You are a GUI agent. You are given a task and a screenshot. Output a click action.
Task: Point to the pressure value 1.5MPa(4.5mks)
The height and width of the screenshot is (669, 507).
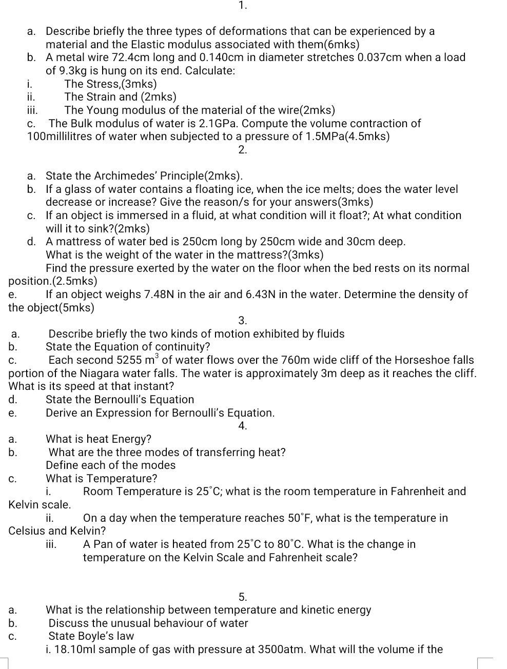point(348,136)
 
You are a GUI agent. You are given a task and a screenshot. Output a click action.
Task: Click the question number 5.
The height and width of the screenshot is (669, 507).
point(243,597)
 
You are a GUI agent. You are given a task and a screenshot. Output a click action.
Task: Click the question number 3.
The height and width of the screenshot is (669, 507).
point(243,321)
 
